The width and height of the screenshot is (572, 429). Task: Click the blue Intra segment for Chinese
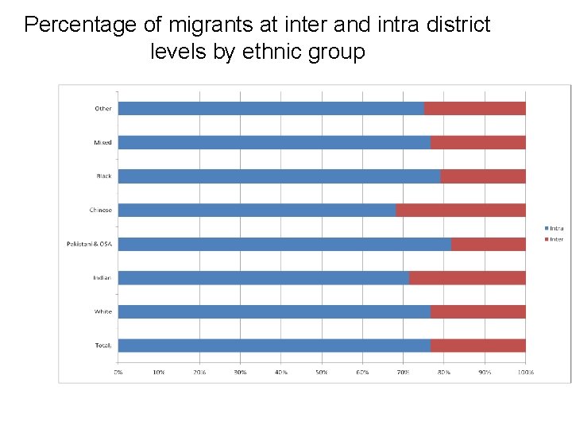(x=257, y=211)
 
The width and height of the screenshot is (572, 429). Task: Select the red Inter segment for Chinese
(x=461, y=211)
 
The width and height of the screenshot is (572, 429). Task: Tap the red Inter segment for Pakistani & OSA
(x=489, y=244)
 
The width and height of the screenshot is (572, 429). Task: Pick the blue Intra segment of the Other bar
(x=271, y=108)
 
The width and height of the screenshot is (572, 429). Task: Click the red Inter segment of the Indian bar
(x=467, y=278)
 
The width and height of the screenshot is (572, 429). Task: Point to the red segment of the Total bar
(x=478, y=346)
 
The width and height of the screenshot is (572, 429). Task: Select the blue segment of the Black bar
(x=279, y=176)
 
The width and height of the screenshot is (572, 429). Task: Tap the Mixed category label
(x=103, y=143)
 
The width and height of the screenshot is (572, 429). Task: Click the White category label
(x=103, y=311)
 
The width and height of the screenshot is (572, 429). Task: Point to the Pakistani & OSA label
(x=89, y=244)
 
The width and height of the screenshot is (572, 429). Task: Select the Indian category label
(x=102, y=278)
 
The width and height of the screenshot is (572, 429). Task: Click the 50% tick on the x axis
(x=322, y=371)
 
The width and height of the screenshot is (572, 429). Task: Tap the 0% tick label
(x=118, y=371)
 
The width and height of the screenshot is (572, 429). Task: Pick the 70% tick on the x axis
(x=404, y=371)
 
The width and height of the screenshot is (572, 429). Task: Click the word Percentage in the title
(x=82, y=25)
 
